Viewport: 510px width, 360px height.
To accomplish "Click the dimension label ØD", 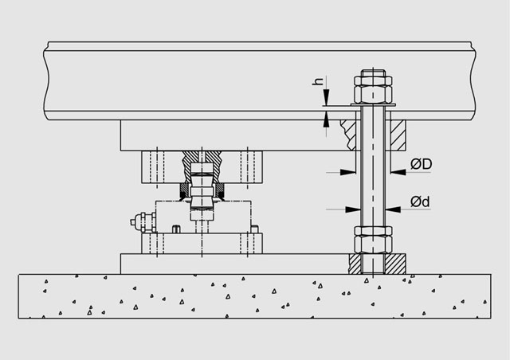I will point(422,164).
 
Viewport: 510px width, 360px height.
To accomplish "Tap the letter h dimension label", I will point(317,83).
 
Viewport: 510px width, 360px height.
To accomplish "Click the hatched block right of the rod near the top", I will point(398,131).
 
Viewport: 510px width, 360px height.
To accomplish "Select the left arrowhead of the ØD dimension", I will point(351,170).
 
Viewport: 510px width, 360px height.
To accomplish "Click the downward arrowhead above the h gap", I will point(325,100).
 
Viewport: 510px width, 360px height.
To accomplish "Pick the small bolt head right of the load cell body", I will point(255,229).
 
